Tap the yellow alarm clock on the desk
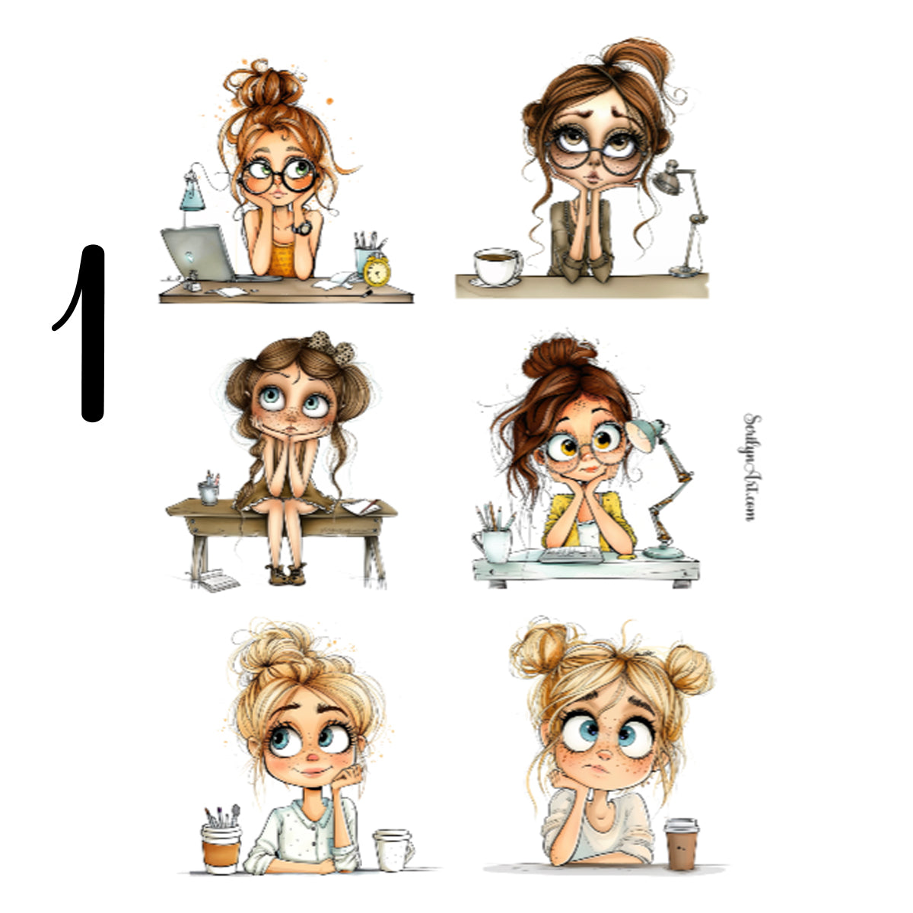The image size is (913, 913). (x=377, y=270)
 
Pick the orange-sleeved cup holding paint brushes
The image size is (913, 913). (x=221, y=845)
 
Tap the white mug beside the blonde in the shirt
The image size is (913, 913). (x=393, y=849)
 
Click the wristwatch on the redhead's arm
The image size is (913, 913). (x=302, y=226)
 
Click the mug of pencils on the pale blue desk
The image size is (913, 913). (x=493, y=541)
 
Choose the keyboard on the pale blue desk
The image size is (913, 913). (x=571, y=555)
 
